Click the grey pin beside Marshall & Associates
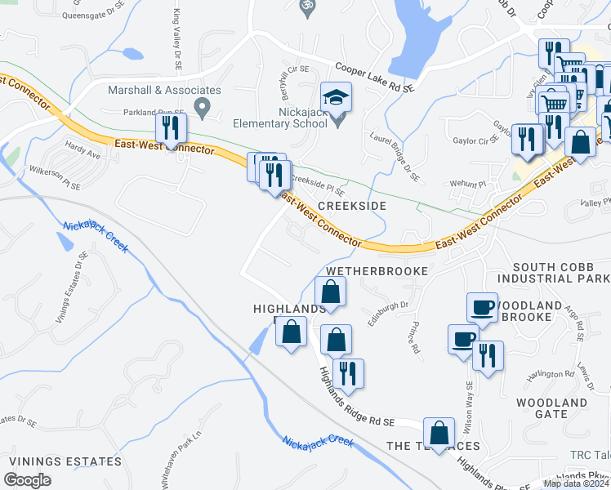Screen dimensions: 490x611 (x=204, y=106)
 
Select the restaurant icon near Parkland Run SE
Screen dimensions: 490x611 (x=172, y=127)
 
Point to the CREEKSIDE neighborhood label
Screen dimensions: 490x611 (x=351, y=207)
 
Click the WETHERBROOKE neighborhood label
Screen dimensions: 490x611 (x=377, y=270)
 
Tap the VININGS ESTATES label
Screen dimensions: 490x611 (x=65, y=461)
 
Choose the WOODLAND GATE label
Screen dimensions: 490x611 (x=552, y=408)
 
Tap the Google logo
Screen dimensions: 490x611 (x=28, y=480)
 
